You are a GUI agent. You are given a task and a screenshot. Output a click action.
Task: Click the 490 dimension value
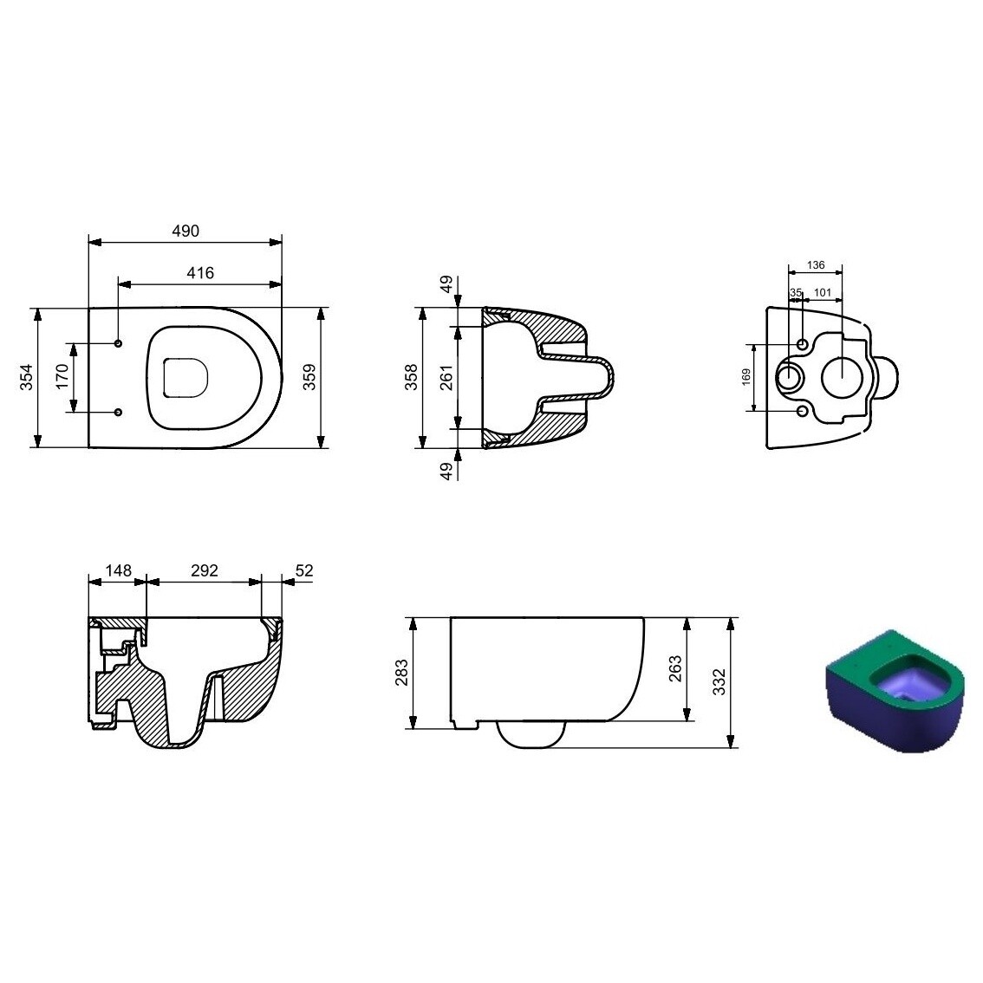tap(186, 231)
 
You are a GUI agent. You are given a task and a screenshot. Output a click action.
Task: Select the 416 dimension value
tap(200, 272)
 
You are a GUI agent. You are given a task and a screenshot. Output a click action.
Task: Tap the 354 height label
tap(26, 377)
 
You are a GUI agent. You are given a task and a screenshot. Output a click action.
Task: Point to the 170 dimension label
tap(62, 377)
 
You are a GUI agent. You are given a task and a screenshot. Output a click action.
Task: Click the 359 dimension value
tap(309, 377)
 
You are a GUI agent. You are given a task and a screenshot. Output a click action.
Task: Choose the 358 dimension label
tap(413, 377)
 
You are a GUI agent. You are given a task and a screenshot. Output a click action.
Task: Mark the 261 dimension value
tap(446, 377)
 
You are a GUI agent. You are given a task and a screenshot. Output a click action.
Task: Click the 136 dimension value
tap(815, 265)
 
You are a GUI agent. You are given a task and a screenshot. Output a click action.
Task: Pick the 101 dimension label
tap(823, 292)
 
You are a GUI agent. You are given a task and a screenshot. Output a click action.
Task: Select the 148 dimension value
tap(118, 570)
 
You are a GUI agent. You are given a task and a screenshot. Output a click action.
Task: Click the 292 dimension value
tap(204, 570)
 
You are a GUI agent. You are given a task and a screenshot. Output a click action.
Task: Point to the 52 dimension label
tap(303, 570)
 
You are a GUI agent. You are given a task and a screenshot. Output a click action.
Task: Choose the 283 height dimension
tap(401, 674)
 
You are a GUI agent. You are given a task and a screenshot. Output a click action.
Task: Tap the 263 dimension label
tap(675, 669)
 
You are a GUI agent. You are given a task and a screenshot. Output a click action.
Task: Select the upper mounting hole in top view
tap(119, 344)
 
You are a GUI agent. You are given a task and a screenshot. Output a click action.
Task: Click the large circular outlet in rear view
tap(842, 377)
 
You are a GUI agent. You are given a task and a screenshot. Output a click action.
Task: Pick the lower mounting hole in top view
tap(119, 411)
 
